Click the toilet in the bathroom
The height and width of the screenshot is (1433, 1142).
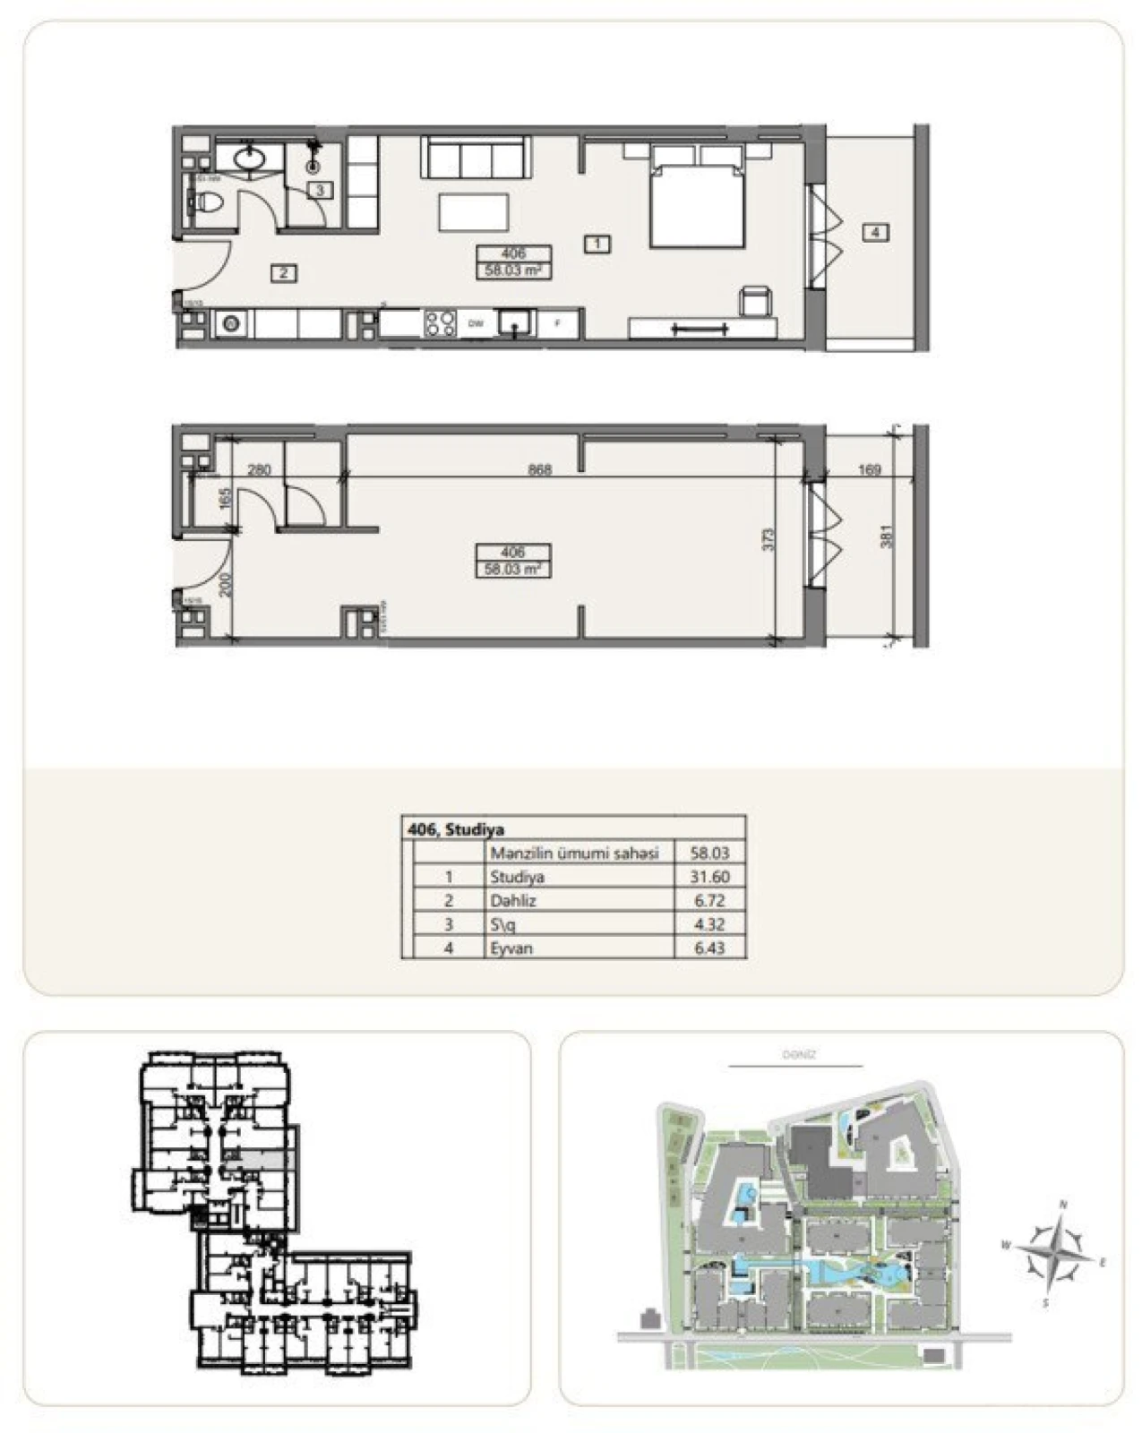pyautogui.click(x=208, y=202)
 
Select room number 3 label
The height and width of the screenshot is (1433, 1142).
pyautogui.click(x=320, y=190)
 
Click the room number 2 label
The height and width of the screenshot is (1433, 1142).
pyautogui.click(x=284, y=273)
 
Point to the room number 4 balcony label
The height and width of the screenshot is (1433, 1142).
pyautogui.click(x=875, y=233)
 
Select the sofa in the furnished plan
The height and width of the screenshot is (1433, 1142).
pyautogui.click(x=473, y=158)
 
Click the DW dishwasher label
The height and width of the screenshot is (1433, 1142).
pyautogui.click(x=476, y=324)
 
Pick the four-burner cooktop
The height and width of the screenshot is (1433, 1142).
pyautogui.click(x=440, y=323)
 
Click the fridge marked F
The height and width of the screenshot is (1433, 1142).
pyautogui.click(x=558, y=323)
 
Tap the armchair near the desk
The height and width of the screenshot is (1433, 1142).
pyautogui.click(x=755, y=301)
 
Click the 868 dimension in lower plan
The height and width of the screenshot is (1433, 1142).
pyautogui.click(x=539, y=469)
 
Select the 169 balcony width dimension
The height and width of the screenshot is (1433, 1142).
pyautogui.click(x=869, y=469)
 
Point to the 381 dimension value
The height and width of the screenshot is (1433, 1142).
pyautogui.click(x=888, y=536)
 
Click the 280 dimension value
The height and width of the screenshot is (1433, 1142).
pyautogui.click(x=259, y=469)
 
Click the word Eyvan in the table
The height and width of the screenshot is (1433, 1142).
pyautogui.click(x=511, y=948)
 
